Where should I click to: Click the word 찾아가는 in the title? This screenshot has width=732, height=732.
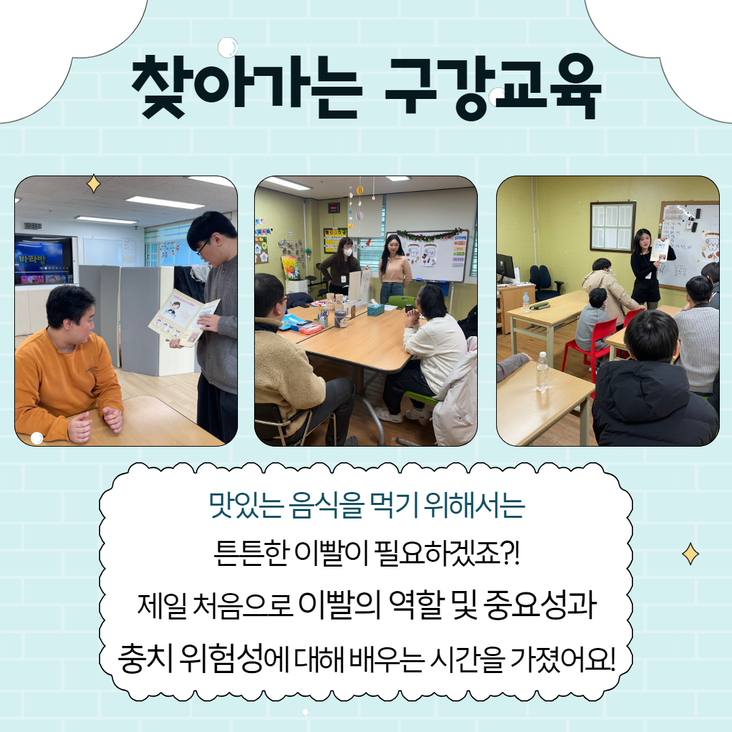click(x=247, y=87)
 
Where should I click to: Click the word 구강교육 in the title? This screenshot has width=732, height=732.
click(x=493, y=87)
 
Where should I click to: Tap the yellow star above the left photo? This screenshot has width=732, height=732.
click(x=94, y=184)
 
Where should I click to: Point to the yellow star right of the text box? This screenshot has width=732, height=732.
click(x=691, y=554)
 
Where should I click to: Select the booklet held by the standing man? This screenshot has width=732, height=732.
click(x=184, y=317)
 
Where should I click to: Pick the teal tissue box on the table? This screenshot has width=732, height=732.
click(x=375, y=309)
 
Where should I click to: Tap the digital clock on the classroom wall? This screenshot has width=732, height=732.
click(x=333, y=208)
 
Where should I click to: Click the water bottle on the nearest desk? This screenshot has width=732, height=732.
click(x=542, y=371)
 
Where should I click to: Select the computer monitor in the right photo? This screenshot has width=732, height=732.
click(x=506, y=268)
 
